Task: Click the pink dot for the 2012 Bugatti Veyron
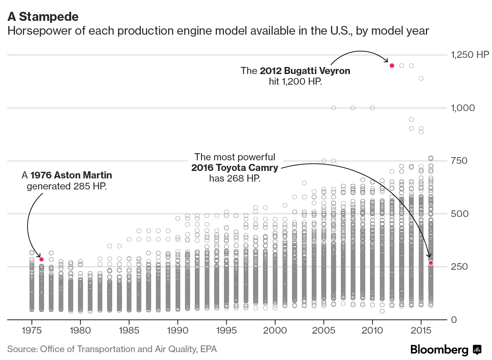coord(392,65)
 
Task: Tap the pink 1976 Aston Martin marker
coord(41,259)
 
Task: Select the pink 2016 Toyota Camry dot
coord(431,263)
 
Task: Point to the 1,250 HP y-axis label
coord(470,55)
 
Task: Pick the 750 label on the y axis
coord(459,161)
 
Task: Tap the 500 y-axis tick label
coord(459,214)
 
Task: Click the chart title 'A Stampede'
coord(43,17)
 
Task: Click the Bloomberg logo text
coord(439,349)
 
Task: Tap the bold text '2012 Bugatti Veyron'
coord(305,71)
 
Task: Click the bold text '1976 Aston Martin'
coord(71,175)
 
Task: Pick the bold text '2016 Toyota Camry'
coord(235,168)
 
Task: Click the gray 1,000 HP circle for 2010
coord(372,108)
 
